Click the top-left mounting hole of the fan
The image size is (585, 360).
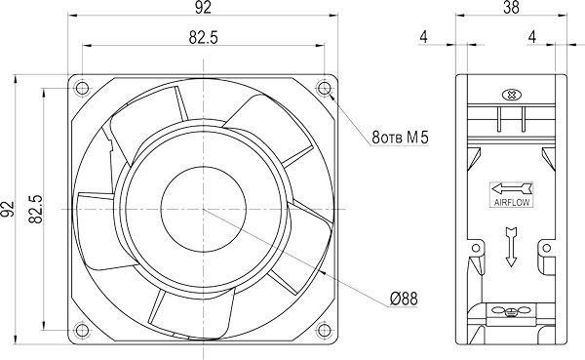tap(82, 89)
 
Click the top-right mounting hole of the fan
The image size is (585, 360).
tap(324, 89)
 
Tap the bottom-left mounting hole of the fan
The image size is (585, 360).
tap(82, 330)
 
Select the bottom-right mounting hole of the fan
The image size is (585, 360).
tap(324, 330)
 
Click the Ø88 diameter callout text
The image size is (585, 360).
tap(404, 299)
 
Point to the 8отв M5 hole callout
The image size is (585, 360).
tap(401, 138)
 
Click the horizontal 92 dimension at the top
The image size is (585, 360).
tap(203, 8)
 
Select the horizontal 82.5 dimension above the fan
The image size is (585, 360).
tap(203, 37)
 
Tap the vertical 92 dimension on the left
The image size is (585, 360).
tap(8, 209)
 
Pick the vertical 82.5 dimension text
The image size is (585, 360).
tap(36, 209)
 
